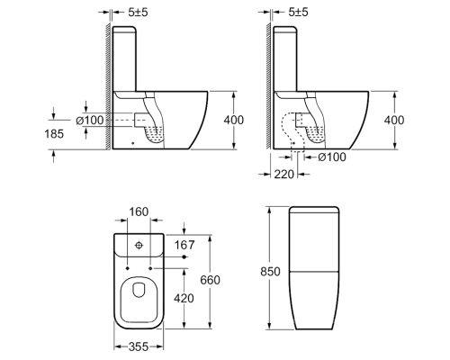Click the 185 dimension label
[54, 134]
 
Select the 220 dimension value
[284, 174]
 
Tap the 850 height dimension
[270, 272]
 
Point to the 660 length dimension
[211, 280]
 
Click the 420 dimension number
[184, 298]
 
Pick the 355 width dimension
[139, 346]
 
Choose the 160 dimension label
[139, 211]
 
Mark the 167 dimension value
[184, 245]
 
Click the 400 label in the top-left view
[234, 120]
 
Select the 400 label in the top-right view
[394, 120]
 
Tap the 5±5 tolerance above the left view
[138, 13]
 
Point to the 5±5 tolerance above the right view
[298, 13]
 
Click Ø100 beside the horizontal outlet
[90, 121]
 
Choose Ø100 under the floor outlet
[332, 157]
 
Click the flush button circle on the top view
[139, 246]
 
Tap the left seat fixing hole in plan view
[128, 268]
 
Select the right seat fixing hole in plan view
[150, 268]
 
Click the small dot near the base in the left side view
[133, 143]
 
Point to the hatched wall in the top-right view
[269, 85]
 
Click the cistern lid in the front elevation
[314, 210]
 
